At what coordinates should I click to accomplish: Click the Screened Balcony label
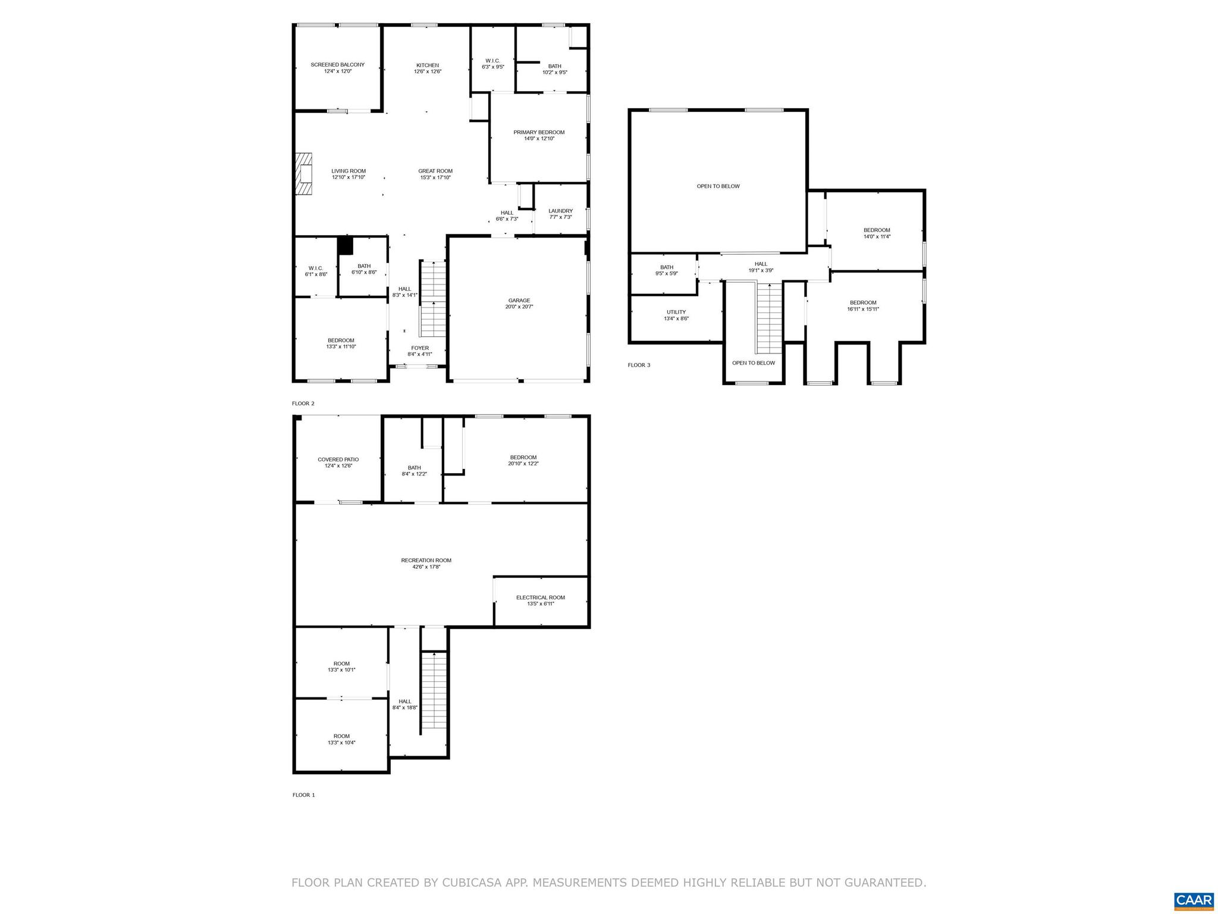337,68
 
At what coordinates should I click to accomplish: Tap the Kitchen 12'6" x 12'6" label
427,68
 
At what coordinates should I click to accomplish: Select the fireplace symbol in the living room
304,173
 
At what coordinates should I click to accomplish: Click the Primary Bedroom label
539,135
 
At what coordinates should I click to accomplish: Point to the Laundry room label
560,214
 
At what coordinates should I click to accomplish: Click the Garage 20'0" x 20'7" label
519,303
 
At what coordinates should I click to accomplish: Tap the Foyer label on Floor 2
419,350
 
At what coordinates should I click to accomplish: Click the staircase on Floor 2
432,299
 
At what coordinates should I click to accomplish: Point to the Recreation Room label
426,563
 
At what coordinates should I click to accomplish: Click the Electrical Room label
540,600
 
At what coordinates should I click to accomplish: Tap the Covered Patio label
338,462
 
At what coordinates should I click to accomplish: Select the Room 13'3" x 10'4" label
341,739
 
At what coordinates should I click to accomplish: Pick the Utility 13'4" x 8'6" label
676,315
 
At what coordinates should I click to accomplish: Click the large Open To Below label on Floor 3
718,186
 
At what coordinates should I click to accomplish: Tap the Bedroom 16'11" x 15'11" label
862,305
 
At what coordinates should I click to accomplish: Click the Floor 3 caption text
639,365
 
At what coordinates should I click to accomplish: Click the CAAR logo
1194,900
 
